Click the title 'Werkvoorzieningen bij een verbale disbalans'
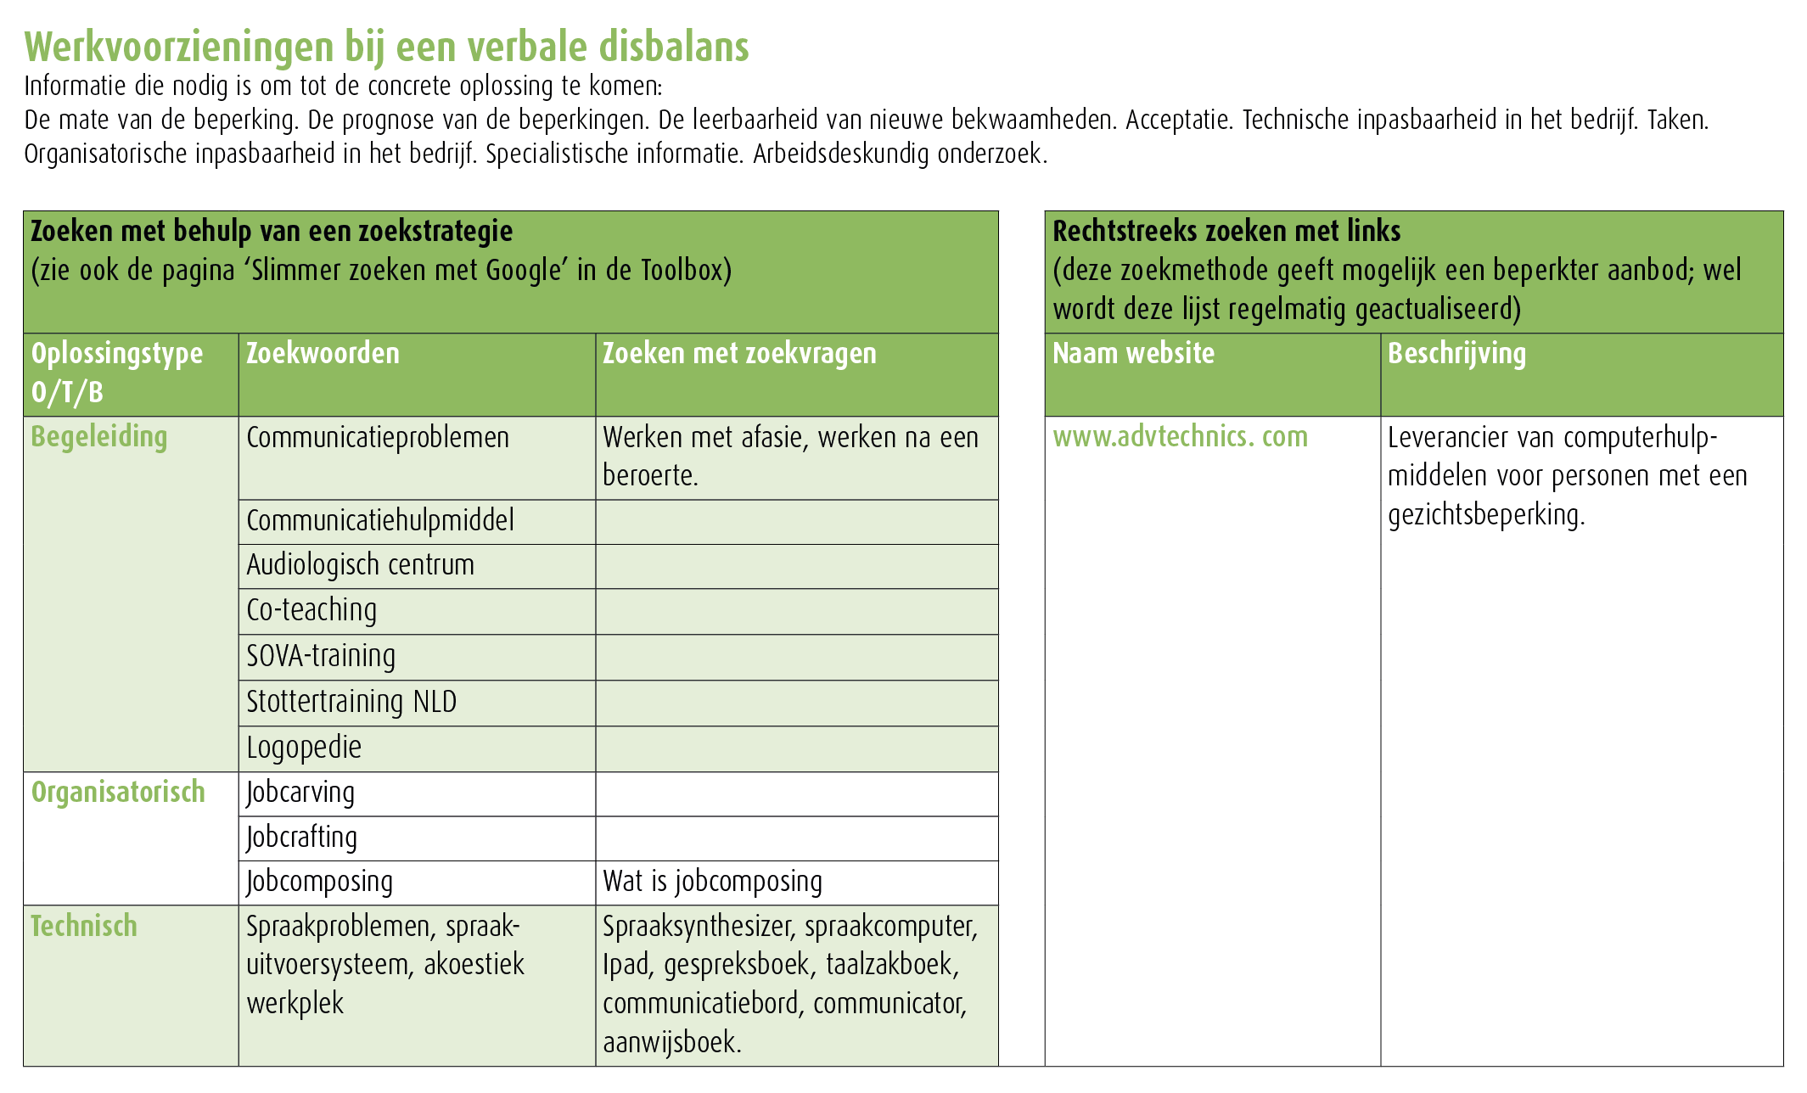click(386, 47)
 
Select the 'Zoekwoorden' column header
click(323, 354)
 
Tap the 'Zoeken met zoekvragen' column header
click(739, 354)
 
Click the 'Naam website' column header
click(1133, 354)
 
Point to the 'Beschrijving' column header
click(1456, 354)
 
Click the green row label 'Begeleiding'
click(99, 437)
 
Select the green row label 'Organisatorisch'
click(118, 792)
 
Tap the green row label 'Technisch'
click(84, 926)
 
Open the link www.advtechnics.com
click(1180, 437)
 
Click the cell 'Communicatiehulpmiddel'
click(380, 520)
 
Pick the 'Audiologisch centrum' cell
click(360, 565)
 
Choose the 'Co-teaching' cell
click(311, 610)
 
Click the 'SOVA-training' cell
click(321, 656)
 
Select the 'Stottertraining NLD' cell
click(351, 702)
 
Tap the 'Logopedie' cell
click(304, 748)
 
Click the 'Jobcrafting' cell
click(301, 838)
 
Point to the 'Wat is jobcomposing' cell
click(712, 882)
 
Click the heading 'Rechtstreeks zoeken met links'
click(1226, 231)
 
